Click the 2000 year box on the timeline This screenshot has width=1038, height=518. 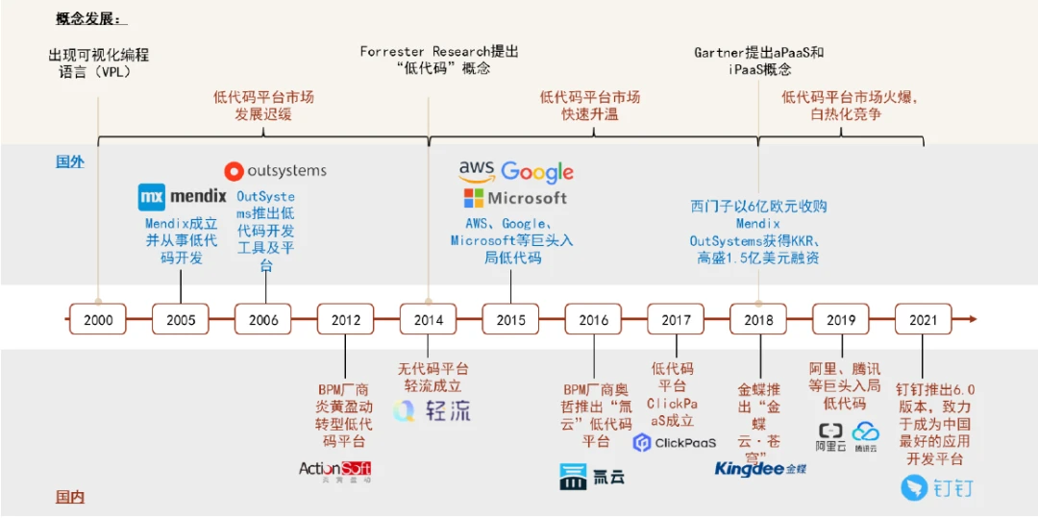(x=98, y=319)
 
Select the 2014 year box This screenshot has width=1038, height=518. (x=428, y=319)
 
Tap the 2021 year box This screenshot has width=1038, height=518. (x=923, y=319)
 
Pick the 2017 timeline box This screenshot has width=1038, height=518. (x=676, y=319)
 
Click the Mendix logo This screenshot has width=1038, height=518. (x=183, y=197)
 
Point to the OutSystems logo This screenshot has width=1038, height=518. (x=276, y=171)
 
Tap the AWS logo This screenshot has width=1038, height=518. (x=477, y=171)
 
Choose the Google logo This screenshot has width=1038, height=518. (x=537, y=172)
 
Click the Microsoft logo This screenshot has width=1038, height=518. (x=516, y=198)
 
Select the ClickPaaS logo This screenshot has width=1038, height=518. (x=675, y=443)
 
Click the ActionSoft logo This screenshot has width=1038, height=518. (x=334, y=470)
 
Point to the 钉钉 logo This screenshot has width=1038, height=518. (x=937, y=487)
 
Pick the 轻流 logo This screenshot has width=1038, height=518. (x=432, y=410)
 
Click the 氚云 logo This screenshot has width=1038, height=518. (x=592, y=476)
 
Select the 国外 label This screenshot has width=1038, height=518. (x=70, y=161)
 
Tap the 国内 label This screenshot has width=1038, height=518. (x=70, y=497)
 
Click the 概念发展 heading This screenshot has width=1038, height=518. (x=90, y=18)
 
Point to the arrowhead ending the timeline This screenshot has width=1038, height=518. (x=973, y=319)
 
